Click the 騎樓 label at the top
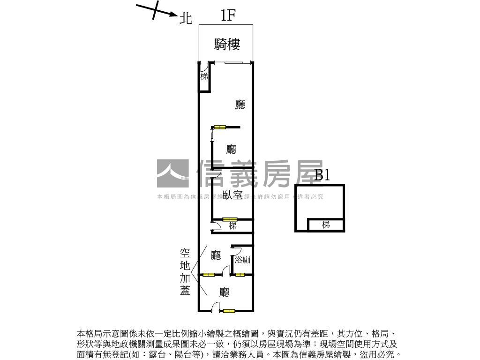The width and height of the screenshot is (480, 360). click(227, 45)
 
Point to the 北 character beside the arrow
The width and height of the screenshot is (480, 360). click(186, 19)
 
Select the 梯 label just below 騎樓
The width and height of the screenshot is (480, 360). click(204, 76)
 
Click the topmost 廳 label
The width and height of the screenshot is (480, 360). click(240, 105)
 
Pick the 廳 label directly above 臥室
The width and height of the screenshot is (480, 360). click(231, 150)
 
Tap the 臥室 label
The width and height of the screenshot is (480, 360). click(232, 195)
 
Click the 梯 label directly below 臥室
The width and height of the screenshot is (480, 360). click(232, 226)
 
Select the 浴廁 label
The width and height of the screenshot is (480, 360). click(242, 260)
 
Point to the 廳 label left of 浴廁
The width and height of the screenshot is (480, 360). click(216, 255)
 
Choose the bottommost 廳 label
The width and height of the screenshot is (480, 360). click(225, 292)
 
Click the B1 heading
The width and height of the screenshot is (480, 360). click(322, 175)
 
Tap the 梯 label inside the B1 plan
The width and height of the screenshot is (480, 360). click(326, 225)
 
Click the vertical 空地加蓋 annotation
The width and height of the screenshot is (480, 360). click(185, 272)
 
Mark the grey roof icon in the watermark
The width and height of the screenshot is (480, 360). click(172, 174)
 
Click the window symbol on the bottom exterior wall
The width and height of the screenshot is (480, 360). click(229, 310)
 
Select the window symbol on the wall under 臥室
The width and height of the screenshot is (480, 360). click(230, 219)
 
